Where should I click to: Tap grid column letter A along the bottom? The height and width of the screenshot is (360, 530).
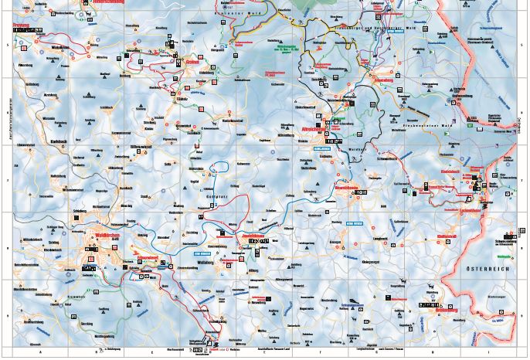(x=40, y=352)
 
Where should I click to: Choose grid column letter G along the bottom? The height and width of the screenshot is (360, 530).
(x=376, y=352)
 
